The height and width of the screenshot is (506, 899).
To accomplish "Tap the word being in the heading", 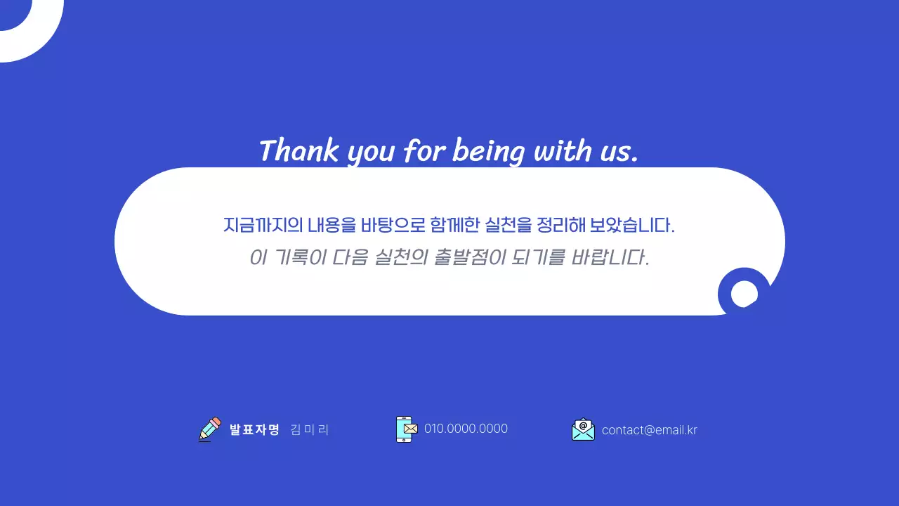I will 488,152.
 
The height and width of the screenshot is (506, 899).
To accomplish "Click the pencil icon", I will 210,429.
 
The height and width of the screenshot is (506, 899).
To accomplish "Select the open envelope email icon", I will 583,429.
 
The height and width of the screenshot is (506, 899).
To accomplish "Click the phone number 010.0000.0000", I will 466,429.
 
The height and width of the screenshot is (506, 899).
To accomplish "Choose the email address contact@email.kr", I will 650,430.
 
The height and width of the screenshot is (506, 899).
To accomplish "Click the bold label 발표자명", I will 254,429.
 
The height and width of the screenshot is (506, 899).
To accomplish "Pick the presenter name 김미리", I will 309,429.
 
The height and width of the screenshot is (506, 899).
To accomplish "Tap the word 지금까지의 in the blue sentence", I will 263,226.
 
